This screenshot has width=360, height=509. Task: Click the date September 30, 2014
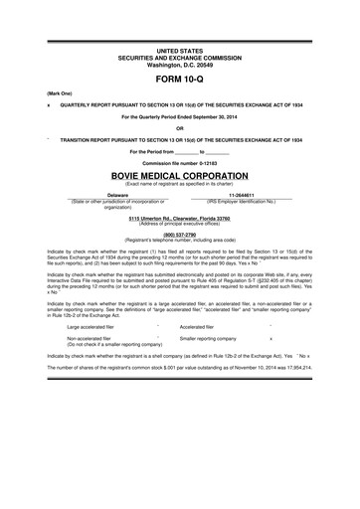[231, 116]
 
